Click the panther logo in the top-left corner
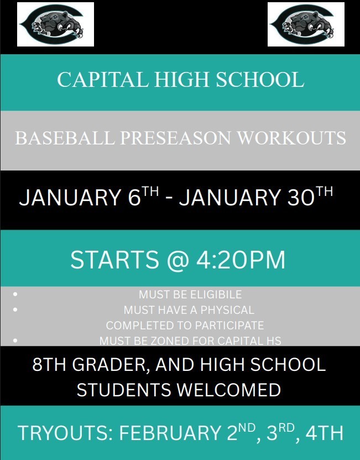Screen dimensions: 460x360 pyautogui.click(x=55, y=24)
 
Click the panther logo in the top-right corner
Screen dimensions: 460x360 pyautogui.click(x=306, y=24)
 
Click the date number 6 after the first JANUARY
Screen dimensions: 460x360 pyautogui.click(x=134, y=198)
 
